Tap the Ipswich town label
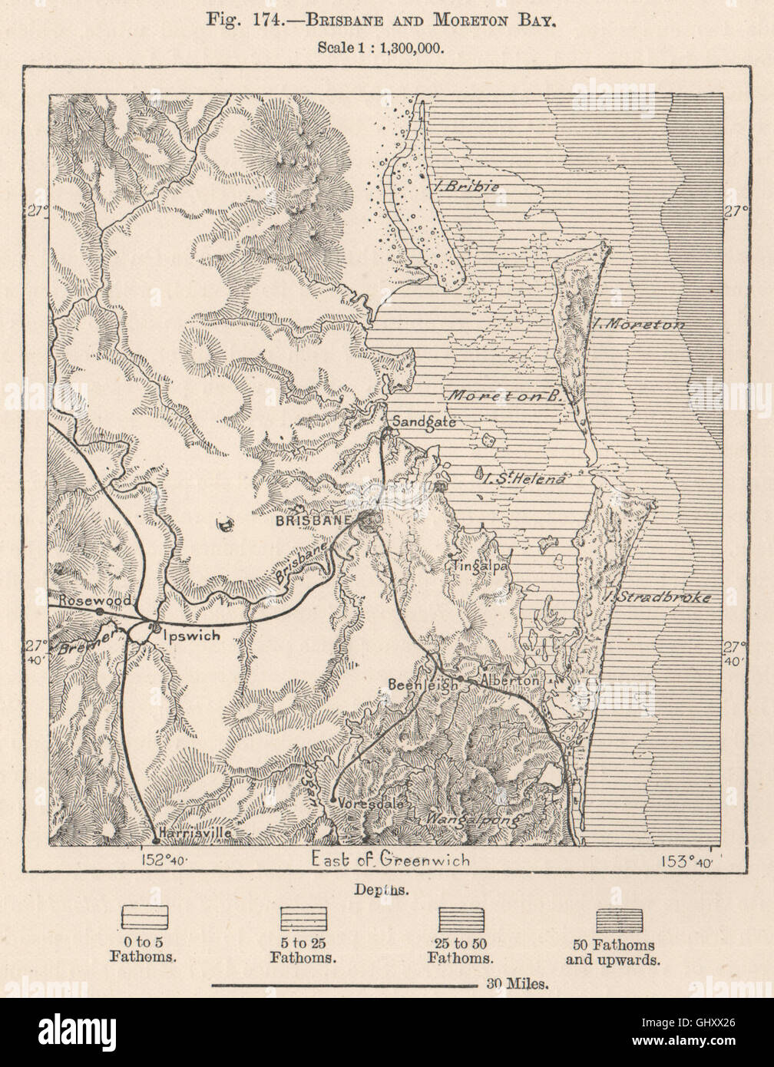[191, 636]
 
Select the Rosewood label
[86, 600]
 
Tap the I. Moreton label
[637, 324]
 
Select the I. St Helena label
[525, 477]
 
